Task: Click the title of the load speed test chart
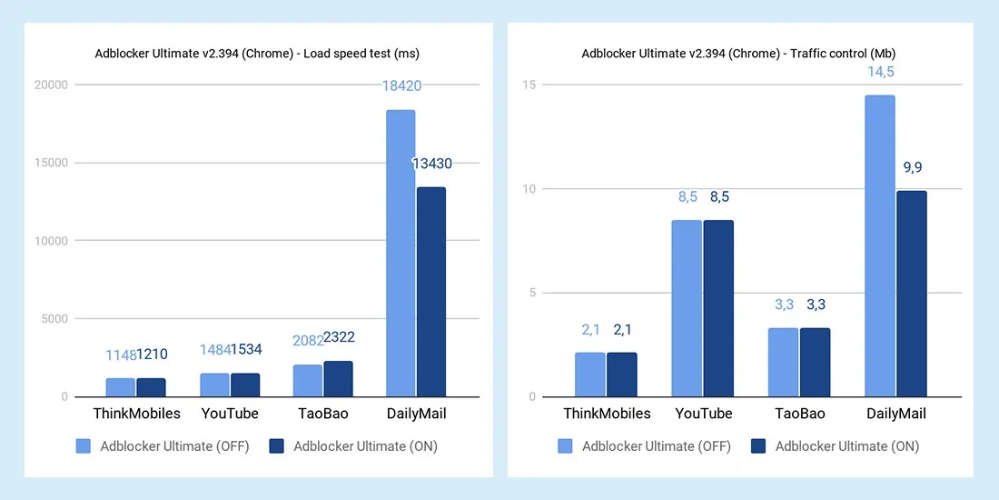257,54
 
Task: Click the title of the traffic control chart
739,54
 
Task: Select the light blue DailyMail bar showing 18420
401,254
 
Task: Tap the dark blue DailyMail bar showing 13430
430,292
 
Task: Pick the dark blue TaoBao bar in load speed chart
338,379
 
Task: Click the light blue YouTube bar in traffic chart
687,308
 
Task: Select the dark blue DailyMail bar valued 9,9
911,294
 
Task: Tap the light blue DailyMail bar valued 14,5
879,246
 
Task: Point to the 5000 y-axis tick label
53,319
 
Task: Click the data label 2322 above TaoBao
339,337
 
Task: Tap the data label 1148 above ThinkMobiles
120,355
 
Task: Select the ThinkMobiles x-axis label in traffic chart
607,414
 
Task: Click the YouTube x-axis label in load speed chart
230,414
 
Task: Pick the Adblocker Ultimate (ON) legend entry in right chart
835,446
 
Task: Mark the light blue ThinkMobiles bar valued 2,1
590,375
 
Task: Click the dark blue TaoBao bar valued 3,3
815,362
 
